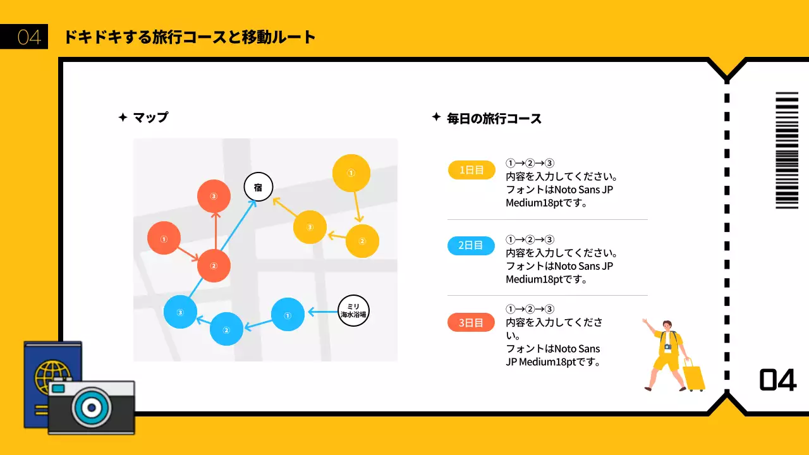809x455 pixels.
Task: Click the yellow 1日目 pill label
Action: pyautogui.click(x=471, y=170)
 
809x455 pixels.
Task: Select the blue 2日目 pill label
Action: pyautogui.click(x=471, y=245)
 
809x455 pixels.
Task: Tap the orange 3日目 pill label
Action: pyautogui.click(x=471, y=323)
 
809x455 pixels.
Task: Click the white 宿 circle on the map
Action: pyautogui.click(x=258, y=187)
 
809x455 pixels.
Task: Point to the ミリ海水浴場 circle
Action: pyautogui.click(x=353, y=310)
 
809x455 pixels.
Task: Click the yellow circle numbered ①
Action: pyautogui.click(x=351, y=173)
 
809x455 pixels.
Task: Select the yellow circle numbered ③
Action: pyautogui.click(x=310, y=227)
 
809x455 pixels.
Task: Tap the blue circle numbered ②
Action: pyautogui.click(x=226, y=329)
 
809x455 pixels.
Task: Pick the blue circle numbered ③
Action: pyautogui.click(x=180, y=312)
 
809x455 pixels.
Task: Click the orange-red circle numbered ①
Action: pyautogui.click(x=164, y=240)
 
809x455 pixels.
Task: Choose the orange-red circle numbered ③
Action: pyautogui.click(x=214, y=197)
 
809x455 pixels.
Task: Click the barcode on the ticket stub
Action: pyautogui.click(x=787, y=150)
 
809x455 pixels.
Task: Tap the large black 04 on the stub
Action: pyautogui.click(x=777, y=380)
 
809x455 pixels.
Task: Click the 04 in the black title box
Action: pyautogui.click(x=29, y=37)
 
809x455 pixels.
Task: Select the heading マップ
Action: pyautogui.click(x=150, y=118)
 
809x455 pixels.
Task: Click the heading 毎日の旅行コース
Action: pyautogui.click(x=494, y=118)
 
